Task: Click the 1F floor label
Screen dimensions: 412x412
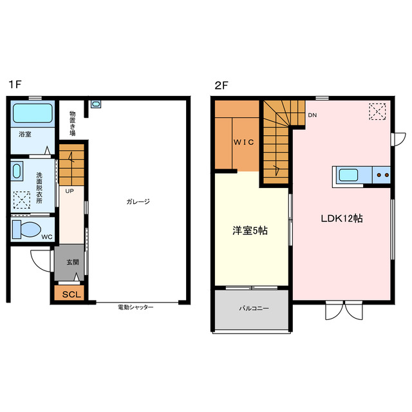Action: coord(15,84)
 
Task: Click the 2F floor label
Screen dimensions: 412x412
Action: coord(221,86)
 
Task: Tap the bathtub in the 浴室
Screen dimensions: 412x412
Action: coord(33,113)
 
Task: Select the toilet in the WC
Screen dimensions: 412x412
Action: coord(26,229)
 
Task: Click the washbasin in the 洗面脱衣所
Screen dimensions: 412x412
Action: coord(17,171)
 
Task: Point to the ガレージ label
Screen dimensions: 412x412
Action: coord(138,201)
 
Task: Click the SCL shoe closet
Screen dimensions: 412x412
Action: coord(71,294)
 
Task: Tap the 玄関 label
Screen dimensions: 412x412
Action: coord(73,262)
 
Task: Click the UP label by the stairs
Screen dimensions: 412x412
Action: coord(70,191)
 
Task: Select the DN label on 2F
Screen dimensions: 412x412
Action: coord(312,115)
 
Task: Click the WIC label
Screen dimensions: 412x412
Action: coord(244,142)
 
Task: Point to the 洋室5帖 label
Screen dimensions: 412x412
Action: coord(250,230)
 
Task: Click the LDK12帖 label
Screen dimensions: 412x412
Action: coord(342,218)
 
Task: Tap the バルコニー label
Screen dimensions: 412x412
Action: coord(254,308)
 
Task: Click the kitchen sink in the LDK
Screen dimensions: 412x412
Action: coord(348,175)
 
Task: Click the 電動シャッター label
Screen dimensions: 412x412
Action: coord(135,307)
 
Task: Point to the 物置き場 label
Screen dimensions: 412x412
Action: coord(73,123)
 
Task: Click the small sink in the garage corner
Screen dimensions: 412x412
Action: coord(96,104)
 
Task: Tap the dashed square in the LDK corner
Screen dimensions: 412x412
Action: coord(377,111)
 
